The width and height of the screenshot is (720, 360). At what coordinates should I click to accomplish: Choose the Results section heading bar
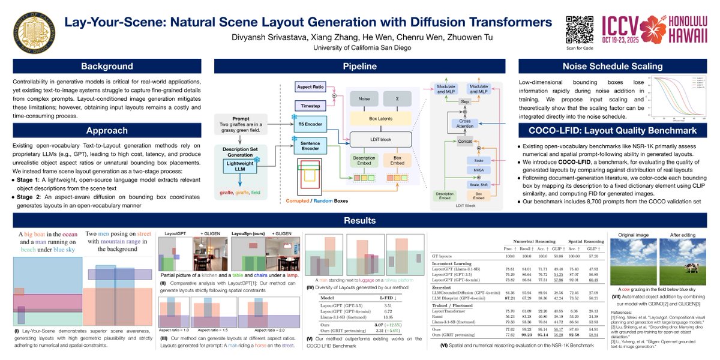360,221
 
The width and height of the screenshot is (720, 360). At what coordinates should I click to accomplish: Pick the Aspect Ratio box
311,88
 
